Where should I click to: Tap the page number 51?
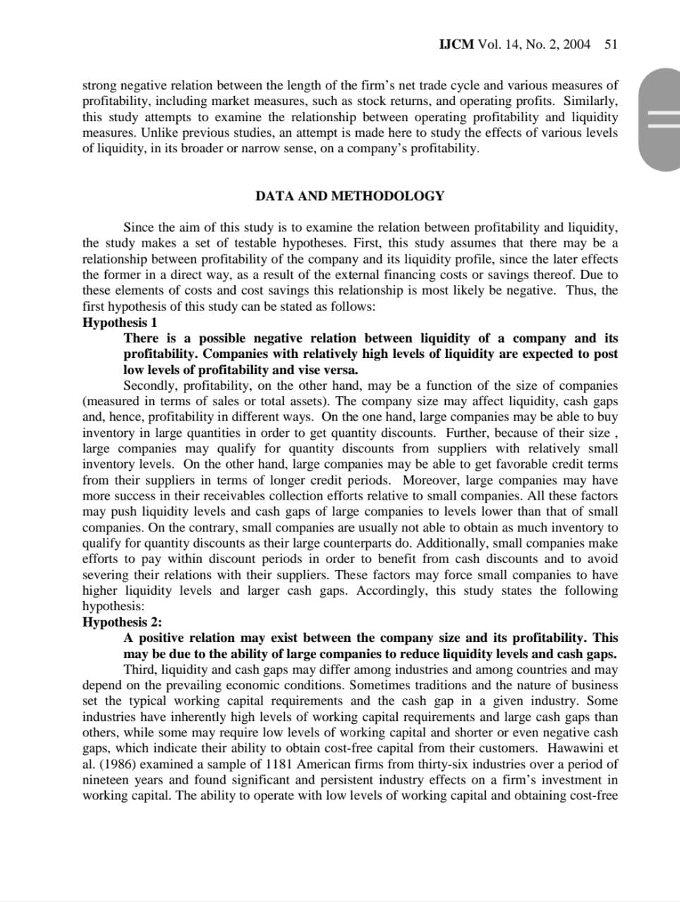pyautogui.click(x=611, y=44)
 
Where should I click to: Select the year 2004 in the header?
pyautogui.click(x=577, y=44)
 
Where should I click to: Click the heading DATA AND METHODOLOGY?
pyautogui.click(x=350, y=196)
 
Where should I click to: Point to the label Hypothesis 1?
pyautogui.click(x=120, y=323)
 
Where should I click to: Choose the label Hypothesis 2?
pyautogui.click(x=122, y=622)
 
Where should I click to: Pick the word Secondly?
pyautogui.click(x=149, y=385)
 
